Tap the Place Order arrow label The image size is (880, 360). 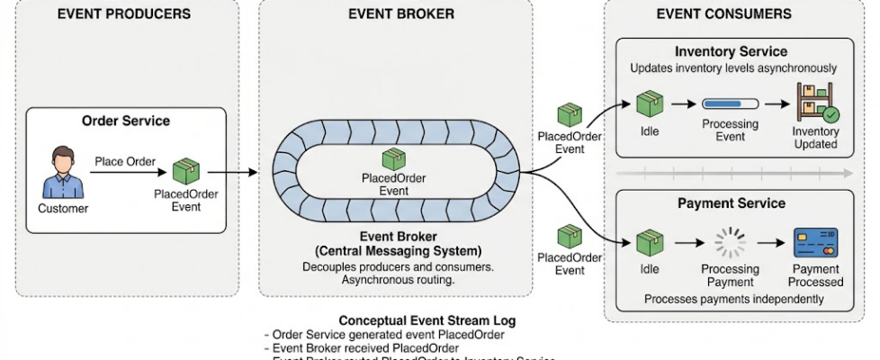(125, 161)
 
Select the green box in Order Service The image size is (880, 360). (185, 172)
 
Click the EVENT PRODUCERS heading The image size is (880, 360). (123, 13)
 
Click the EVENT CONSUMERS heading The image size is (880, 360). (723, 13)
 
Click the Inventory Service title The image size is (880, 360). (731, 51)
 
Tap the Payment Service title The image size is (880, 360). (732, 203)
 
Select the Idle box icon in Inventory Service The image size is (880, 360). (650, 102)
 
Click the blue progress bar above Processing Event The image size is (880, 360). (730, 103)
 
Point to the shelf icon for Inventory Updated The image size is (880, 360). (815, 103)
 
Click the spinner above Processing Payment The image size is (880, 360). (730, 242)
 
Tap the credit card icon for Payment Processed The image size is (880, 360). (815, 242)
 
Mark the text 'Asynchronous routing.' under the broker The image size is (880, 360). (400, 281)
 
